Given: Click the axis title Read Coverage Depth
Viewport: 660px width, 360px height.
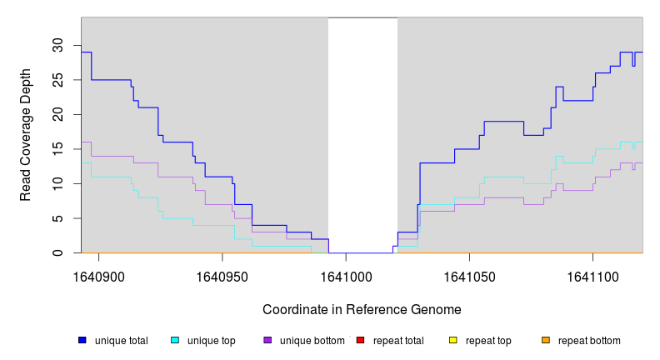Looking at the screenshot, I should click(x=26, y=135).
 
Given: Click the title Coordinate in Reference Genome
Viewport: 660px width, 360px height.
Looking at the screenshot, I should click(x=362, y=309).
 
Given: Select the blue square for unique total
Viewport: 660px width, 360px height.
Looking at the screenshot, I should click(x=82, y=341).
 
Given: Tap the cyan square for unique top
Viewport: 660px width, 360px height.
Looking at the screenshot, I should click(x=175, y=341).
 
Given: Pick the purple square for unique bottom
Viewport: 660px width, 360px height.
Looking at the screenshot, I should click(x=267, y=341).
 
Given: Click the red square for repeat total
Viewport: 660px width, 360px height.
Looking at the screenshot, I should click(x=360, y=341).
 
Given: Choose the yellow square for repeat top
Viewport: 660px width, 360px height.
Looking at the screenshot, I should click(x=452, y=341).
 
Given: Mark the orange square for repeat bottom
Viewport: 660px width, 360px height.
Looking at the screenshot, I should click(x=545, y=341).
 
